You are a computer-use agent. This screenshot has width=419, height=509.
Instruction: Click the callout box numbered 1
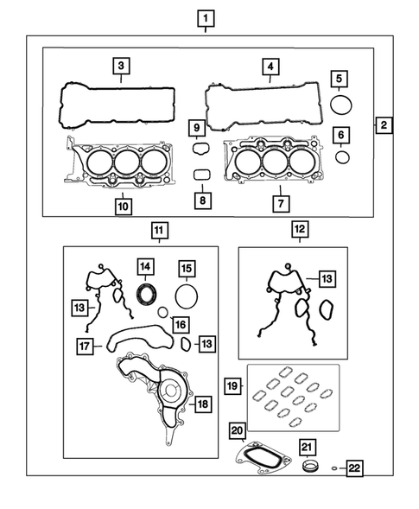205,17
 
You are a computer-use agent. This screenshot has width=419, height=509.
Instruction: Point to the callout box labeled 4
270,66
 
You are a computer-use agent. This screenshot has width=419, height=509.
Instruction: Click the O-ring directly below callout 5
341,105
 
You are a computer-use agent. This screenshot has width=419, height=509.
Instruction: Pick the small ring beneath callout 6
342,157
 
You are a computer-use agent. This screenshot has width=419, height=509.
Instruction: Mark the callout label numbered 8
202,200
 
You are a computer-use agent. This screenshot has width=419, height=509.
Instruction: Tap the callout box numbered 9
196,130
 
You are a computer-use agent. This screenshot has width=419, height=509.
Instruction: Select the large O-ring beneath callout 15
186,296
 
